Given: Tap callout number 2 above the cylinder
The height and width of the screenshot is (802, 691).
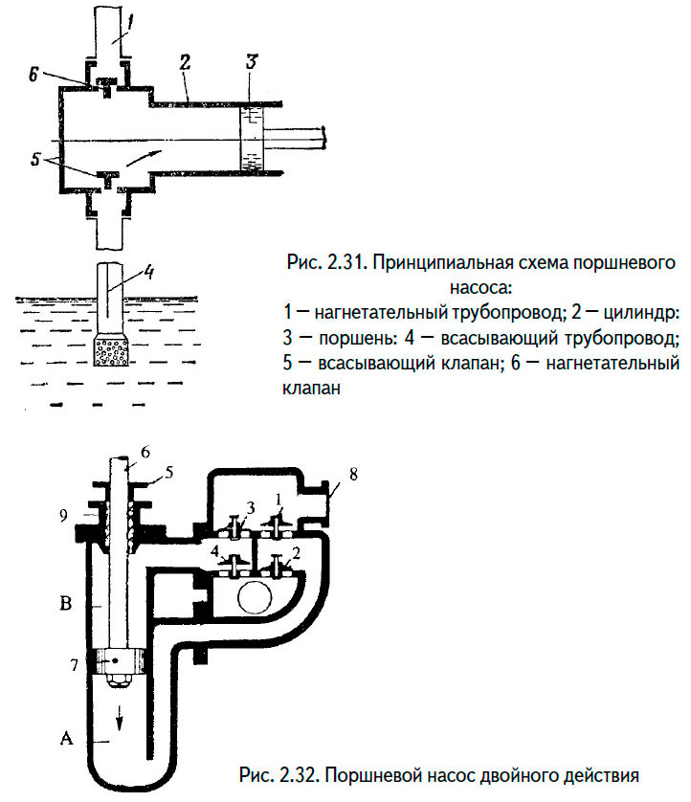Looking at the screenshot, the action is [x=184, y=62].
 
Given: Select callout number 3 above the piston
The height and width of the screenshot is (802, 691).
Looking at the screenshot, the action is [x=251, y=61].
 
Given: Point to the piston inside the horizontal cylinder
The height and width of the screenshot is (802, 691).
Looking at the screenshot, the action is [x=251, y=139].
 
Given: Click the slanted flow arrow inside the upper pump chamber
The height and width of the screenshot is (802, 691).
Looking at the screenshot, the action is [x=145, y=158].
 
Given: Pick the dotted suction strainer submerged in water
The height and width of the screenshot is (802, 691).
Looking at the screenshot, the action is [x=109, y=351].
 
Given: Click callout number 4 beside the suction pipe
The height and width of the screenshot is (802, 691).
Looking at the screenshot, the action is [x=149, y=273].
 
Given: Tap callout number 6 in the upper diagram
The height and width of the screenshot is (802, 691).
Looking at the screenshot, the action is [x=33, y=75].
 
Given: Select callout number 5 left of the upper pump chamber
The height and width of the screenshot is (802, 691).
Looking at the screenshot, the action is [x=34, y=159].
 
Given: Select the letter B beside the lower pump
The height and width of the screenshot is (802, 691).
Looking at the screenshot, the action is [x=65, y=604].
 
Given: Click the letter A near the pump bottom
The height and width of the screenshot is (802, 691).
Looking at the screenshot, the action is [x=66, y=738].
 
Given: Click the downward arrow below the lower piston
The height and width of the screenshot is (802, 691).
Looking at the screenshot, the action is [x=120, y=715].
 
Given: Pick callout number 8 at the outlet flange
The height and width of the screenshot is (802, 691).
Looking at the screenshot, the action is [x=354, y=474].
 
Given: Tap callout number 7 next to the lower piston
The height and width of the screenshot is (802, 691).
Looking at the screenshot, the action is [x=75, y=665].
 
